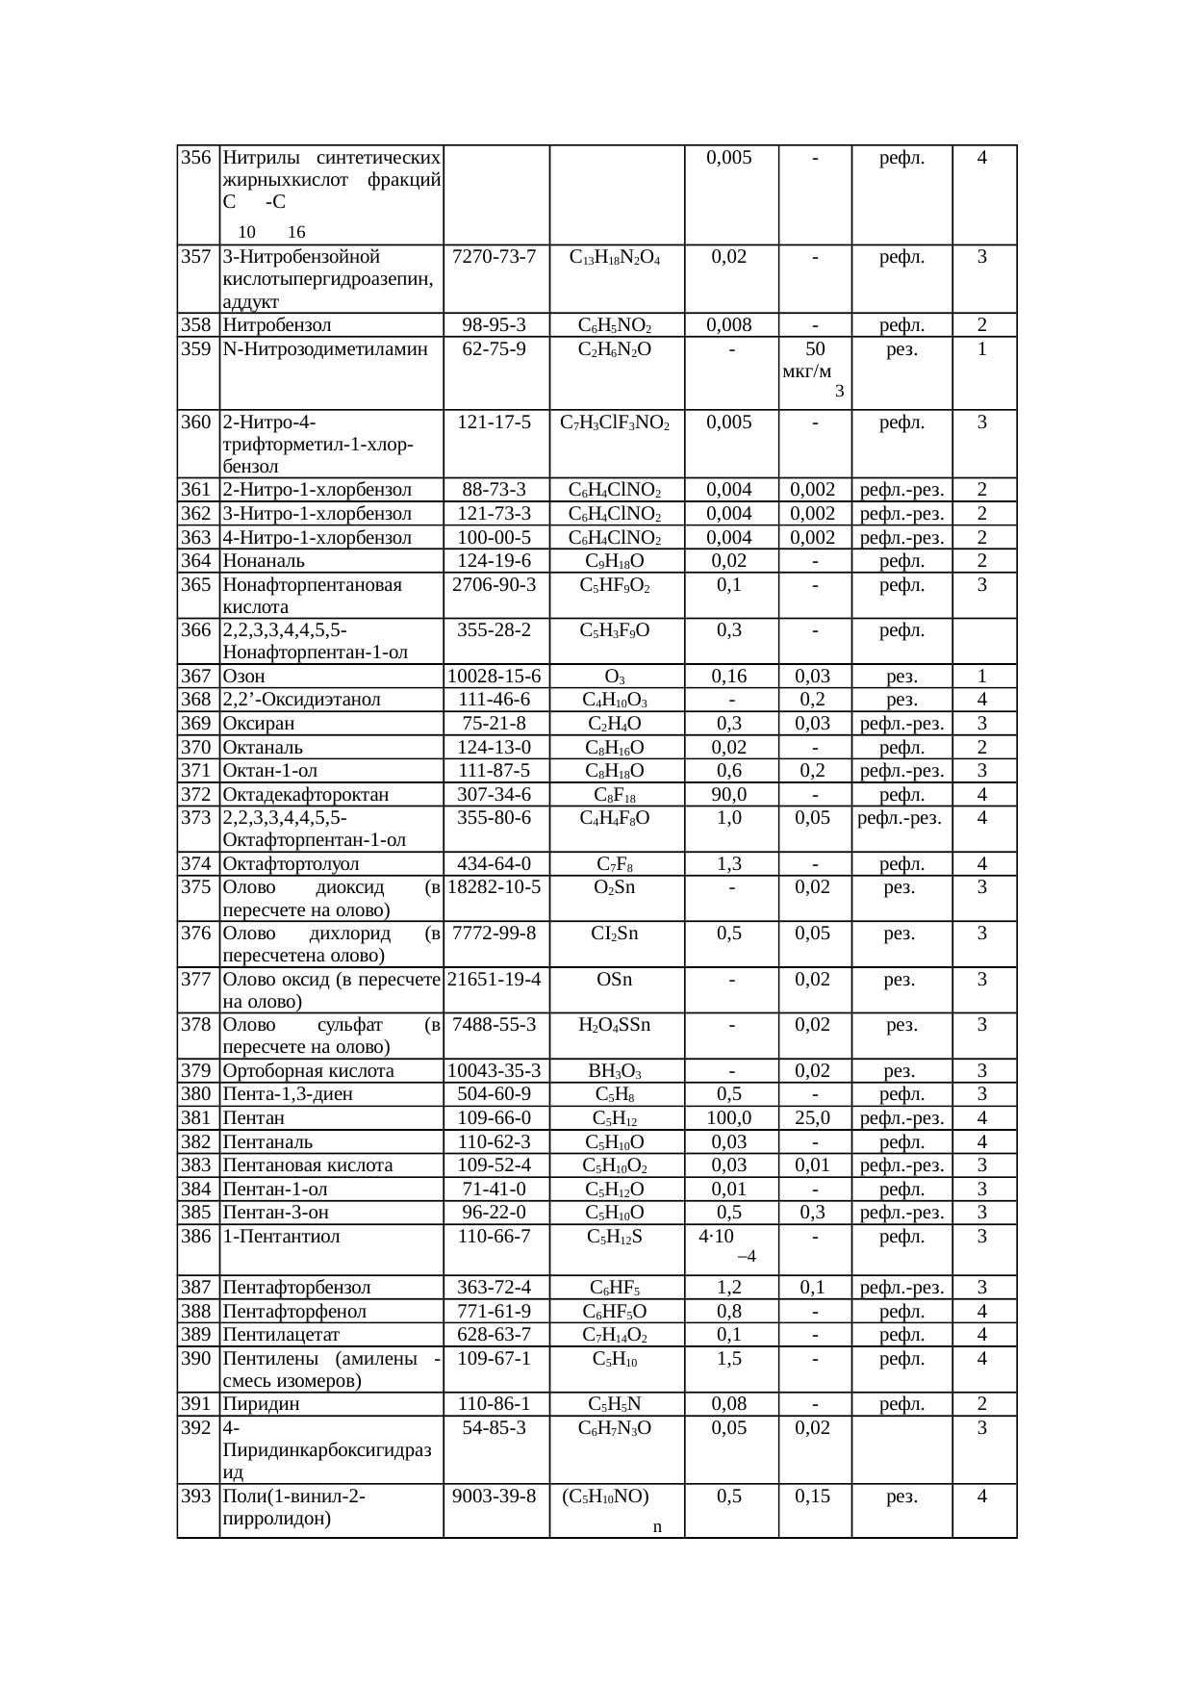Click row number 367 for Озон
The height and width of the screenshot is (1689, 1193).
coord(196,677)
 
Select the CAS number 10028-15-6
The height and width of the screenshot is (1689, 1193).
coord(495,677)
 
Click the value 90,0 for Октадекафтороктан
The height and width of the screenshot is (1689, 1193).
coord(729,795)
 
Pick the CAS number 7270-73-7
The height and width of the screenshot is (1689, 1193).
coord(495,258)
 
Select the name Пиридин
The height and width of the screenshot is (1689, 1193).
coord(261,1404)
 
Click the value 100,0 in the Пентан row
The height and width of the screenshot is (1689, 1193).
coord(729,1118)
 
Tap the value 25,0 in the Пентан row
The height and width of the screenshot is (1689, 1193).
coord(814,1118)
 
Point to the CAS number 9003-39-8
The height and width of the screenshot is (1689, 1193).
coord(495,1497)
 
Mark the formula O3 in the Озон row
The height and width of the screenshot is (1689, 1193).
coord(616,677)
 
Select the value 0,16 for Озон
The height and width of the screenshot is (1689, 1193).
coord(729,677)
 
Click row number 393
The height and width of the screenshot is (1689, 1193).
coord(196,1497)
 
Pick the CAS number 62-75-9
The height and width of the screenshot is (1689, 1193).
coord(495,349)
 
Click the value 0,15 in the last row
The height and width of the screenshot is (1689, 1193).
coord(814,1497)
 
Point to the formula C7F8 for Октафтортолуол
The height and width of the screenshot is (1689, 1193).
coord(615,864)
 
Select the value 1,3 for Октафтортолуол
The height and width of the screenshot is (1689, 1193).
coord(729,864)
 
